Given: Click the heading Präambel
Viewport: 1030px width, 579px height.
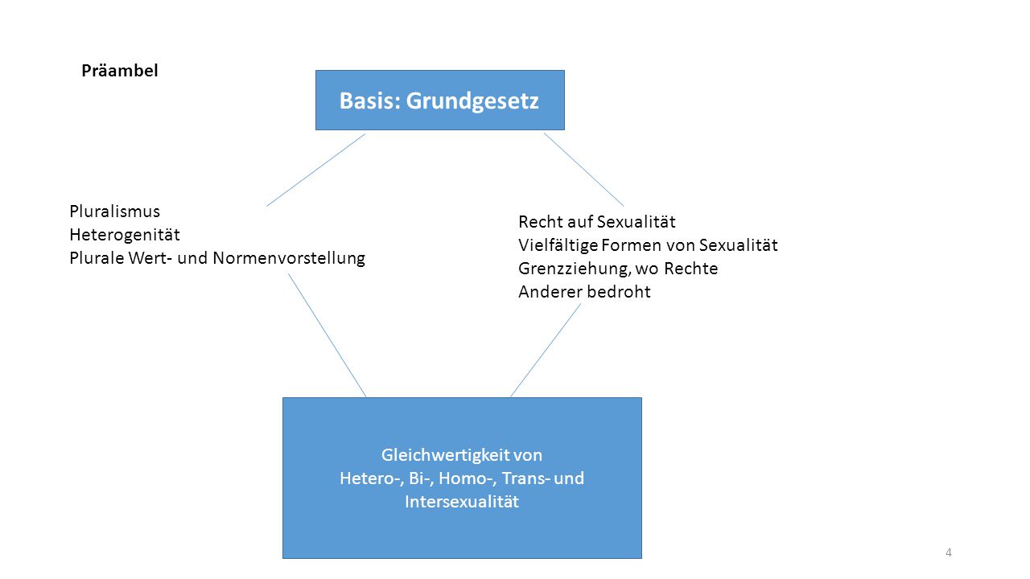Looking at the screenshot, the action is [120, 71].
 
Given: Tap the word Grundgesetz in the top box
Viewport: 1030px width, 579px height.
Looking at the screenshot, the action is [472, 101].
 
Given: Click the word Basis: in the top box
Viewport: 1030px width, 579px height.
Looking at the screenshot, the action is [370, 101].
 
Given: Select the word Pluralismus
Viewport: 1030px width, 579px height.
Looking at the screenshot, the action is [114, 211].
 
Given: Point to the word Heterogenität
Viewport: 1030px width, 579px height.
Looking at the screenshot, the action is [125, 235].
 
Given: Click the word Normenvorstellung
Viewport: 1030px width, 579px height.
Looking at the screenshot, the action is [289, 258].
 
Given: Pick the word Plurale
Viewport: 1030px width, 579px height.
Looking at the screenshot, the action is [97, 258].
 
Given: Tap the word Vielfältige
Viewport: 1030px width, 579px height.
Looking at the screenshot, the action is [558, 245].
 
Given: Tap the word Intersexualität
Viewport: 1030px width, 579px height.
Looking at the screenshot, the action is [462, 502].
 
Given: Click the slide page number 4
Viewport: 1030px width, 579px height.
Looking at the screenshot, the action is [948, 552].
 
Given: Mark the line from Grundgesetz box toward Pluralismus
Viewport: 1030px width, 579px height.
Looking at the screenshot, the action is [316, 170].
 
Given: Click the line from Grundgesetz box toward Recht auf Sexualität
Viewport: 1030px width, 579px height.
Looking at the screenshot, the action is [584, 170].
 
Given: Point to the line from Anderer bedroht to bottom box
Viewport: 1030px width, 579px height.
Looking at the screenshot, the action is [546, 350].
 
